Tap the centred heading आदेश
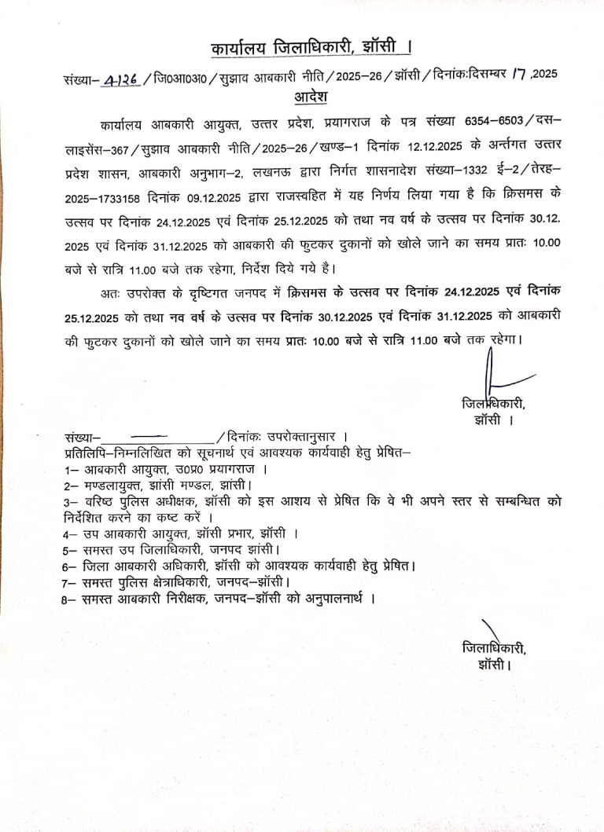pyautogui.click(x=310, y=97)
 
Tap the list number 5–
pyautogui.click(x=72, y=549)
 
